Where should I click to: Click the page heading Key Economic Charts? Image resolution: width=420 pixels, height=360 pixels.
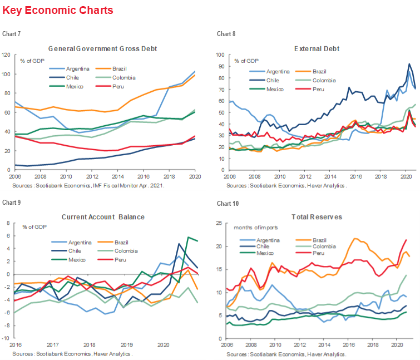(58, 11)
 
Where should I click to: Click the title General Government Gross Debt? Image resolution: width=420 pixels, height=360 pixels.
(103, 48)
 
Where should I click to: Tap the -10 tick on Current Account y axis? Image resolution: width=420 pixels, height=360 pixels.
(8, 338)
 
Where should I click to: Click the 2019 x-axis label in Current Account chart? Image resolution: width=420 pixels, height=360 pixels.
(127, 345)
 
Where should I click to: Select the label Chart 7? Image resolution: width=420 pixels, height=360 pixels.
(12, 34)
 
